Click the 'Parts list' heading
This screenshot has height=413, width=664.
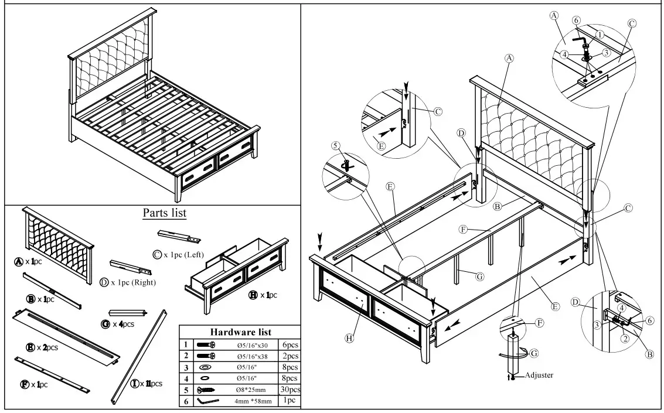click(x=165, y=212)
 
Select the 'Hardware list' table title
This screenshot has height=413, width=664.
click(x=240, y=332)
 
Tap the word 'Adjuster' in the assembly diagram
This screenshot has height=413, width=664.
click(x=539, y=375)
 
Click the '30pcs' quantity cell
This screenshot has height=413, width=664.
click(x=290, y=390)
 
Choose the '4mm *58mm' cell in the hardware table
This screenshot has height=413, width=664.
click(x=253, y=401)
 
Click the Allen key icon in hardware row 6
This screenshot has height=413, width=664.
click(x=208, y=401)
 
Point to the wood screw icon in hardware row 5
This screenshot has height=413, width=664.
click(x=207, y=390)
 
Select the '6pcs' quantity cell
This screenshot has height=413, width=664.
click(x=290, y=345)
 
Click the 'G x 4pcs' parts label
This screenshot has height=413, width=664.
click(x=119, y=323)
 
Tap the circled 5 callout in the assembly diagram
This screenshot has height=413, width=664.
click(x=335, y=145)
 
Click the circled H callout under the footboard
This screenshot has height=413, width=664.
click(x=349, y=338)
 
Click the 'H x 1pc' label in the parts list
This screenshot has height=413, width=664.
click(x=264, y=295)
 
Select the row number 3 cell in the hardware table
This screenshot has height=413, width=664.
click(x=186, y=367)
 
